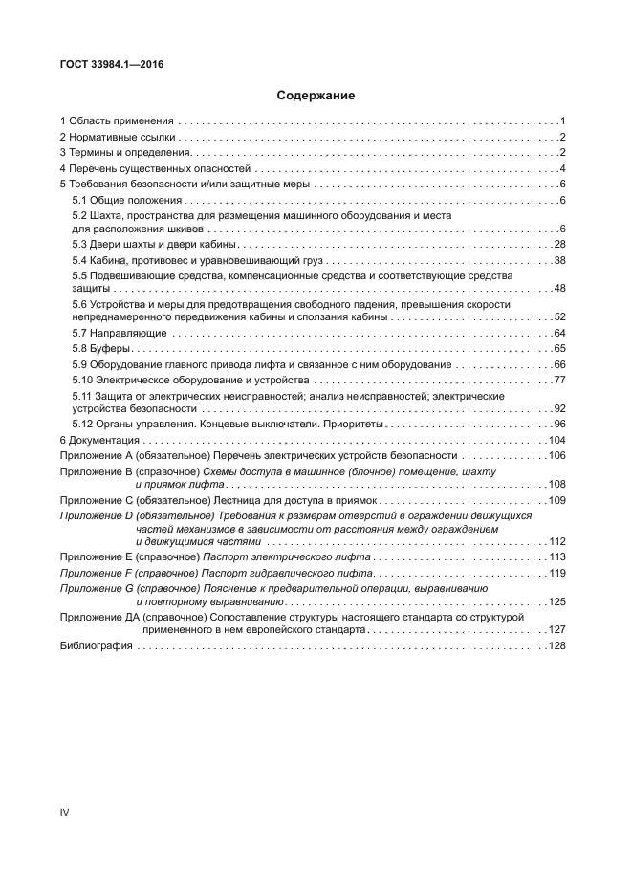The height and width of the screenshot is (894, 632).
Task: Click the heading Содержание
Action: click(x=316, y=96)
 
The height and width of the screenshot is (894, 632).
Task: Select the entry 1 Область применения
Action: click(x=117, y=121)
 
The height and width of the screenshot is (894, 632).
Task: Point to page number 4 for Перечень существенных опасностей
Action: click(x=564, y=169)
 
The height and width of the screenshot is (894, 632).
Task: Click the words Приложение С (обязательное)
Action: click(x=128, y=500)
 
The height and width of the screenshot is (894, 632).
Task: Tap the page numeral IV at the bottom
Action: click(x=65, y=813)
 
